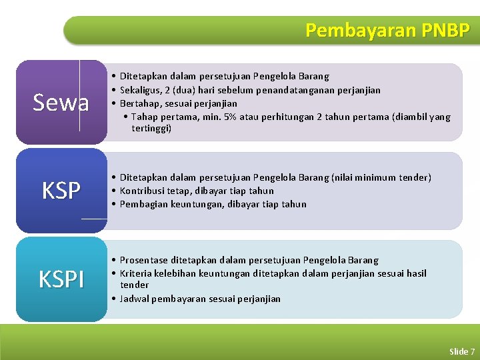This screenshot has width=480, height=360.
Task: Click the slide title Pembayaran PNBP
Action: [x=387, y=30]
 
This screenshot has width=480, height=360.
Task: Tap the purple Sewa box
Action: [x=61, y=103]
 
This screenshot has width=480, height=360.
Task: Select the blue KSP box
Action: [x=61, y=191]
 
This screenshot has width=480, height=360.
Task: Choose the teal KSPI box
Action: [x=61, y=279]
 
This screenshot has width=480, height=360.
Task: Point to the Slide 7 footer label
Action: [x=462, y=351]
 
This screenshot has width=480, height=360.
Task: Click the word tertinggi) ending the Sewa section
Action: [x=151, y=129]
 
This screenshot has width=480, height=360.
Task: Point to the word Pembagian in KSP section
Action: [x=143, y=204]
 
